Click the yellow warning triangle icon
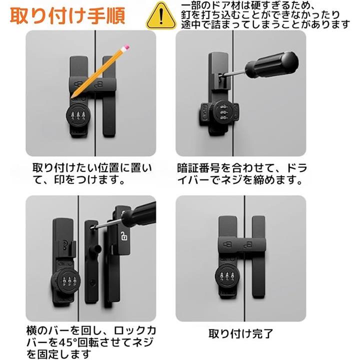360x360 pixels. pyautogui.click(x=161, y=16)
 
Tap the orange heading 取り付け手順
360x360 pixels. pyautogui.click(x=67, y=15)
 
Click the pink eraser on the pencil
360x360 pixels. pyautogui.click(x=126, y=48)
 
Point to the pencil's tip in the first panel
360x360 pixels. pyautogui.click(x=72, y=97)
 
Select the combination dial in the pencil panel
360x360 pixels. pyautogui.click(x=78, y=115)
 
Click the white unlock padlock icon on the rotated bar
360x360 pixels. pyautogui.click(x=124, y=236)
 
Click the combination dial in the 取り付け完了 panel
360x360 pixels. pyautogui.click(x=227, y=276)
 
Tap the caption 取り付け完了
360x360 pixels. pyautogui.click(x=240, y=334)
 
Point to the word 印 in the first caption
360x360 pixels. pyautogui.click(x=59, y=180)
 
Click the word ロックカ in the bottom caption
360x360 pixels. pyautogui.click(x=135, y=331)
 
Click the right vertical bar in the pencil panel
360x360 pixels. pyautogui.click(x=109, y=96)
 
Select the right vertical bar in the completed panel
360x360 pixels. pyautogui.click(x=259, y=257)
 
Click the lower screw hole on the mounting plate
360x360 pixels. pyautogui.click(x=92, y=282)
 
